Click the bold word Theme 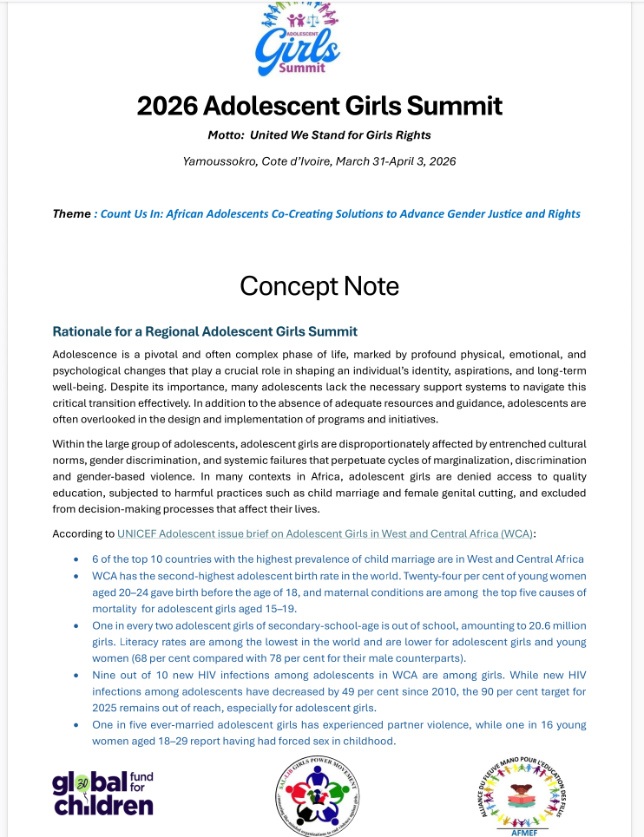click(71, 213)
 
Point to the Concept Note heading click(319, 285)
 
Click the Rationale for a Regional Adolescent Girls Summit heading click(205, 331)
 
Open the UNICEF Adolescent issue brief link click(325, 533)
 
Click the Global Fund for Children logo click(102, 793)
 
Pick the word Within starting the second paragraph click(70, 443)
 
